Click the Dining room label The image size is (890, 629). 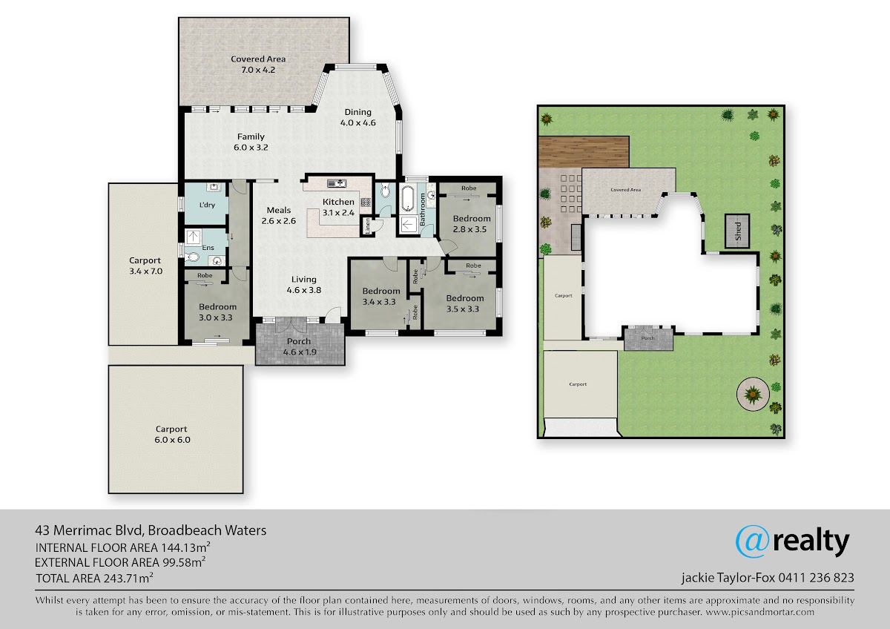click(x=358, y=118)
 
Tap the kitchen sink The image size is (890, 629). click(x=337, y=183)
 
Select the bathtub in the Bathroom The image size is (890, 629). click(x=408, y=199)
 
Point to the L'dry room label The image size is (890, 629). click(x=207, y=205)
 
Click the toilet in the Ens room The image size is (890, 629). click(x=191, y=257)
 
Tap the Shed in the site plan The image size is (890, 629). click(x=737, y=231)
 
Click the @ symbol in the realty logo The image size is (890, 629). click(x=753, y=541)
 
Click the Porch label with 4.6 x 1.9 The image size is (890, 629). click(x=299, y=346)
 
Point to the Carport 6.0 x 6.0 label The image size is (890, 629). click(x=172, y=435)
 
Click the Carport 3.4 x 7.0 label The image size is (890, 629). click(x=145, y=266)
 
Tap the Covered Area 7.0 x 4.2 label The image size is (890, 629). click(x=258, y=65)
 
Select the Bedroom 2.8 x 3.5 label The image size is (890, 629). click(x=471, y=224)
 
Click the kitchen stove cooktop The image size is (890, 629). click(x=366, y=202)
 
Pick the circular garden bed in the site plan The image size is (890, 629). click(x=753, y=394)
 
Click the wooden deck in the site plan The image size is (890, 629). click(x=584, y=152)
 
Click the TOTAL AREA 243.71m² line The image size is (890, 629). click(x=95, y=578)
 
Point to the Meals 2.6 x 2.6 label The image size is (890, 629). click(x=279, y=215)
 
